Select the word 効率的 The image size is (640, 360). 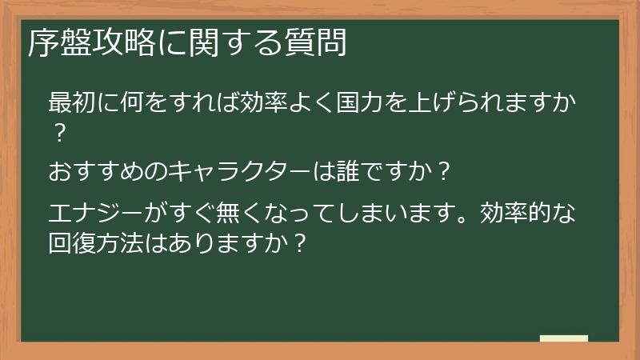coord(524,214)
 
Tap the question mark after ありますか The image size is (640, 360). coord(301,242)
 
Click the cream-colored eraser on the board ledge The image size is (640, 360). coord(564,338)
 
